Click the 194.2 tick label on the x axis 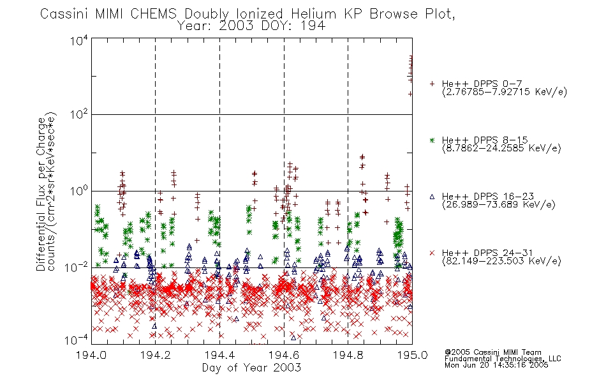[155, 355]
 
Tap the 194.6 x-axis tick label [284, 355]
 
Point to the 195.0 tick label [412, 355]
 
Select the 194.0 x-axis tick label [91, 355]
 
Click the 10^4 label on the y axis [79, 41]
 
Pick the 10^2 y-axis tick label [79, 114]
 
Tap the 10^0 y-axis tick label [79, 191]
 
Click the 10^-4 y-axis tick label [77, 340]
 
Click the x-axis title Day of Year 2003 [251, 368]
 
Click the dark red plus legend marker [432, 84]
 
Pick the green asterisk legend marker [432, 140]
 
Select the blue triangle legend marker [432, 197]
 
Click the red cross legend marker [432, 253]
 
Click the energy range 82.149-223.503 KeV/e [501, 261]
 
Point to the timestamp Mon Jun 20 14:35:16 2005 [496, 365]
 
